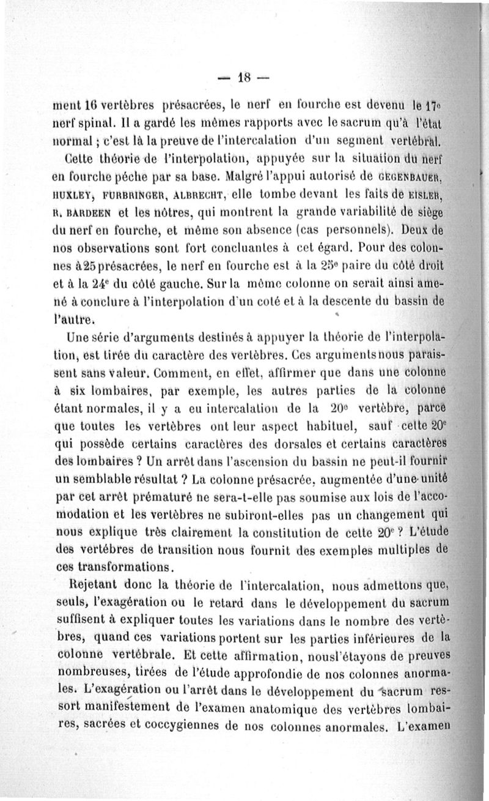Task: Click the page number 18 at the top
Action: pos(244,78)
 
